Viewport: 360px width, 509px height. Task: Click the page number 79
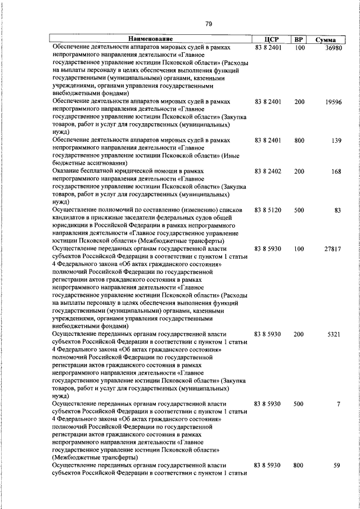click(208, 24)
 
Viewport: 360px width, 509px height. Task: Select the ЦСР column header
click(267, 40)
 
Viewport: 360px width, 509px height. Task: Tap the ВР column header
click(299, 40)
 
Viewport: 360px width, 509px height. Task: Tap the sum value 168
click(336, 172)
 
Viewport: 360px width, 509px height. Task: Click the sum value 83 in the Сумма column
click(337, 210)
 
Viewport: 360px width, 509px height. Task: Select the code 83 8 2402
click(268, 172)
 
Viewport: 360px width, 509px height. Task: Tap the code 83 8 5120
click(268, 210)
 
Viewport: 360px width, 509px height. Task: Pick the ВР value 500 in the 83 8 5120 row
click(299, 210)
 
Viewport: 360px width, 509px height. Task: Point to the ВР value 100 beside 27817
click(299, 249)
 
